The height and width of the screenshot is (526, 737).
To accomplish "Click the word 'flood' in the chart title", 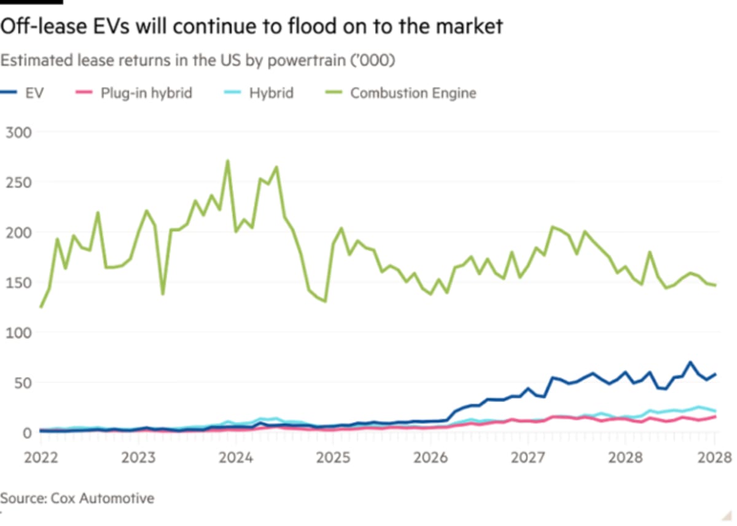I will coord(318,26).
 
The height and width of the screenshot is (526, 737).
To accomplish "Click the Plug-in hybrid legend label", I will coord(146,93).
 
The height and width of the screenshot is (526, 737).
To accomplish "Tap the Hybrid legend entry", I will coord(271,93).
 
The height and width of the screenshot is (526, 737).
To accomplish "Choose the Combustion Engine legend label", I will coord(413,93).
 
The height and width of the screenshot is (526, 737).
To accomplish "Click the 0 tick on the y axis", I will coord(26,433).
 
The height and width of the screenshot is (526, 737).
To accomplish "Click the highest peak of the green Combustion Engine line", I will coord(228,161).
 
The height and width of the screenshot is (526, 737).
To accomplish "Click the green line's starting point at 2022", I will coord(41,307).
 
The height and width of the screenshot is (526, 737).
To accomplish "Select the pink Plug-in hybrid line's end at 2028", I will coord(715,417).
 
